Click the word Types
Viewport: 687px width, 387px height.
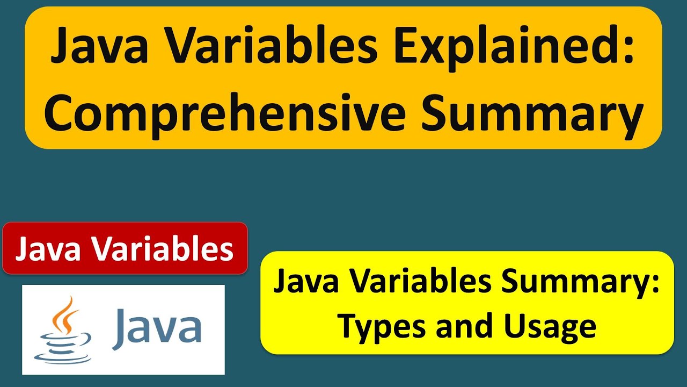pyautogui.click(x=378, y=325)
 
